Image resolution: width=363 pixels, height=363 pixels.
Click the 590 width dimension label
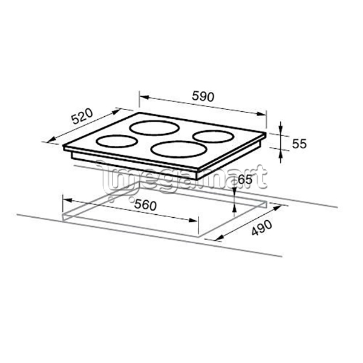point(203,96)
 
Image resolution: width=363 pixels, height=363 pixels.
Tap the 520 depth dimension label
point(82,116)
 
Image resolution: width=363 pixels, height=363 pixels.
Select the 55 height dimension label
point(299,144)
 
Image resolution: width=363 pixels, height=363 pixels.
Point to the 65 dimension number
point(244,180)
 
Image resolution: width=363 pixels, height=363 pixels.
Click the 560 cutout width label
point(145,205)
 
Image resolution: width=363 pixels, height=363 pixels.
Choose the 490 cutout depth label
point(262,228)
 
